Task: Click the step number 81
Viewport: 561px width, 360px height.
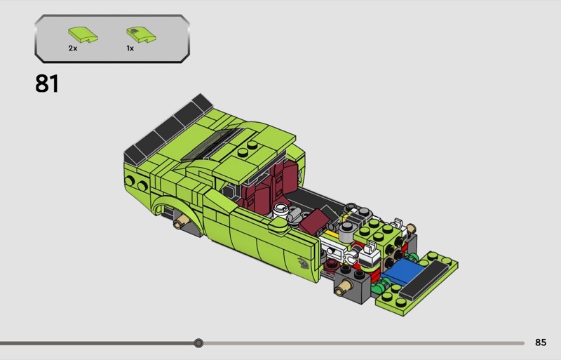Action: [47, 84]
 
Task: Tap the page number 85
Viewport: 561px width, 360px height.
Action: [541, 342]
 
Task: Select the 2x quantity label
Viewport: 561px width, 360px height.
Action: [73, 48]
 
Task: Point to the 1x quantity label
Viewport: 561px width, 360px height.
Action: [130, 48]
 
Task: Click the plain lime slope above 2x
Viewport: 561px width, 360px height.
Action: [83, 35]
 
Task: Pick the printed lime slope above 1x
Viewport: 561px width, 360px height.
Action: [142, 35]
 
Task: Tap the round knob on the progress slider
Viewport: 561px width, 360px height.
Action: [198, 343]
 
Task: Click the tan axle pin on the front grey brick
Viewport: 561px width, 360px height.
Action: [343, 287]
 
